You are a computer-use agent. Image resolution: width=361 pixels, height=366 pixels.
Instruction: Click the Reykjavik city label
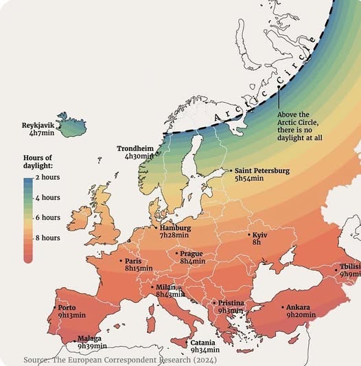coord(38,125)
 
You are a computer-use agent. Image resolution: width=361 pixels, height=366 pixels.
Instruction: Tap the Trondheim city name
coord(135,148)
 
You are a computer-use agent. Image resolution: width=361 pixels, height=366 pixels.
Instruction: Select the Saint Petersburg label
coord(262,170)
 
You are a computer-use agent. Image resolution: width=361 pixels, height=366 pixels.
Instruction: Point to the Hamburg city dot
coord(156,227)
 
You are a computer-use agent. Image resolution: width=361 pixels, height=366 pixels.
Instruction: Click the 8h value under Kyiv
coord(257,242)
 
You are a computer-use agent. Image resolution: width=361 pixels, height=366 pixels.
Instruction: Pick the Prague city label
coord(191,253)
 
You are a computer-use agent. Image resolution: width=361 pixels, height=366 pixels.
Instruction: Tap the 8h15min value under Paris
coord(139,268)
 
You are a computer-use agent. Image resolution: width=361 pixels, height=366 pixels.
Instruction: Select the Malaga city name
coord(89,338)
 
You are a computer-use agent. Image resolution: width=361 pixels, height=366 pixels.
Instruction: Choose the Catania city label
coord(202,342)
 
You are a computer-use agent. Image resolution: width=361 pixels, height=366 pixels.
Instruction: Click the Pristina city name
coord(231,302)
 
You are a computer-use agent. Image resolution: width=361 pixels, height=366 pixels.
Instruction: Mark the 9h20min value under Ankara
coord(301,314)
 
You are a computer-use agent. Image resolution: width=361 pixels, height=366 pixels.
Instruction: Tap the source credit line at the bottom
coord(121,360)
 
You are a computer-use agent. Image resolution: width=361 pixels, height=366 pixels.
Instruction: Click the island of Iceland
coord(71,125)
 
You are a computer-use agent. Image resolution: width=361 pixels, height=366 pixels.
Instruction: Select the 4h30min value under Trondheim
coord(139,156)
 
